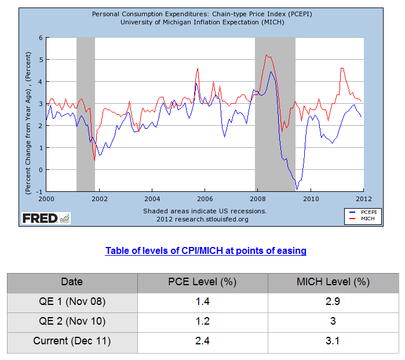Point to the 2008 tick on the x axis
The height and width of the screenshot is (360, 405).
(258, 198)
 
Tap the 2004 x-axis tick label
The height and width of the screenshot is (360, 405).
(152, 198)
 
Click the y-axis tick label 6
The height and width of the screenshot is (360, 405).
(41, 38)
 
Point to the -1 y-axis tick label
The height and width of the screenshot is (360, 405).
(39, 191)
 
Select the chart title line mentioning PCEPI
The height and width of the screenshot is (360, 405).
(202, 14)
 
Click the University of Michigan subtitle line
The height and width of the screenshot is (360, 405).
(202, 22)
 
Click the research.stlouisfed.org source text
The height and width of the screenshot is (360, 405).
(202, 219)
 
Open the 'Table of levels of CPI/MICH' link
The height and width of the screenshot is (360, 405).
(206, 251)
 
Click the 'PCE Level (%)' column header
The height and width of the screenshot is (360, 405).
(202, 282)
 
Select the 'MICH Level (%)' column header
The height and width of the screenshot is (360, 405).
(333, 282)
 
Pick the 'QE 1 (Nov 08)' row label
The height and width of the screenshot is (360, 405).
(72, 302)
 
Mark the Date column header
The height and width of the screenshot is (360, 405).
(72, 282)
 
